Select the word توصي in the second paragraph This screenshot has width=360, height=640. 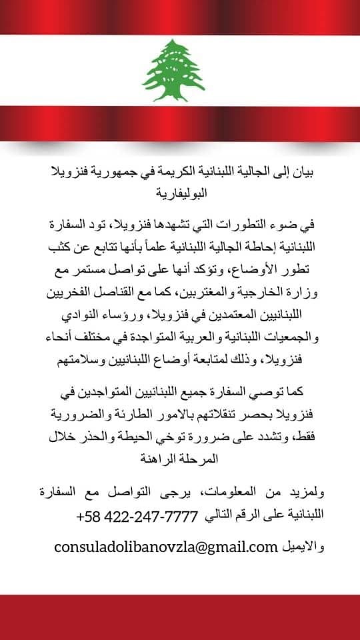click(x=267, y=393)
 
